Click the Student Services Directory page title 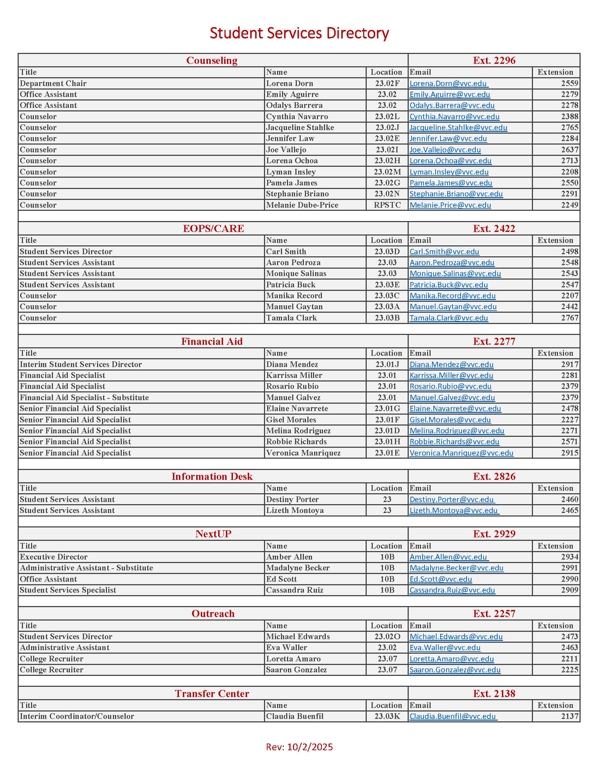tap(299, 33)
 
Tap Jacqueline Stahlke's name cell tap(300, 128)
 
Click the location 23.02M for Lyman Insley tap(387, 172)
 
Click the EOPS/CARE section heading tap(214, 228)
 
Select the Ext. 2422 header tap(494, 228)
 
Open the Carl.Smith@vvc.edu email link tap(444, 252)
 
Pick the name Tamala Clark tap(291, 318)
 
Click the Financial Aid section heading tap(212, 341)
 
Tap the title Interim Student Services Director tap(81, 365)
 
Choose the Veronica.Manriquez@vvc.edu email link tap(461, 453)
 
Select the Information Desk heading tap(212, 476)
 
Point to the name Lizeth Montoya tap(295, 511)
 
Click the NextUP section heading tap(213, 534)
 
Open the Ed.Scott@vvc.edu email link tap(440, 579)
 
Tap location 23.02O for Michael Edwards tap(387, 637)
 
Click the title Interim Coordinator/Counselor tap(77, 716)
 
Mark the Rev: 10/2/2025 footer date tap(299, 747)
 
